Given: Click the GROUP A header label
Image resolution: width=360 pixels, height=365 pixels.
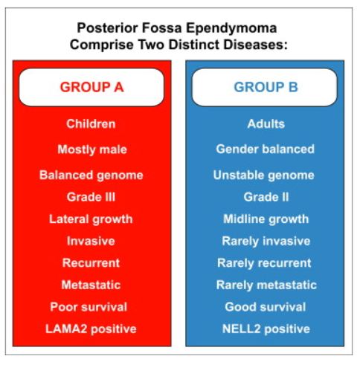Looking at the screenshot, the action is pyautogui.click(x=91, y=87).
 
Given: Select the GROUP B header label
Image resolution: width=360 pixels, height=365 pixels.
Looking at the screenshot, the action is pyautogui.click(x=266, y=87).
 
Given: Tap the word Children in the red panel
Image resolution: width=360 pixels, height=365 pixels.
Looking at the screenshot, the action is pyautogui.click(x=91, y=123).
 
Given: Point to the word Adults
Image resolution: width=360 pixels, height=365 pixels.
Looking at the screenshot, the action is pyautogui.click(x=266, y=123).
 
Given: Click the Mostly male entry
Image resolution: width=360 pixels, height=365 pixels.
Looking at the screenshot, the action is pyautogui.click(x=92, y=149).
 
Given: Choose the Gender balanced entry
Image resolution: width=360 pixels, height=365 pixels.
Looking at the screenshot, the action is pyautogui.click(x=265, y=149).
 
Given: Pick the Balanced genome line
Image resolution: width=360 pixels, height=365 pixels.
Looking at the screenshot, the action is pyautogui.click(x=91, y=175).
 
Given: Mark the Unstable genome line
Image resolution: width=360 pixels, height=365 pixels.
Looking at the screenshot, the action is pyautogui.click(x=264, y=175).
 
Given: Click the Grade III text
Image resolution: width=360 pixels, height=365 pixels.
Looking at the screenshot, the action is pyautogui.click(x=91, y=197).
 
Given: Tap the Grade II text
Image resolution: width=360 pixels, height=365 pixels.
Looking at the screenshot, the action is pyautogui.click(x=266, y=197).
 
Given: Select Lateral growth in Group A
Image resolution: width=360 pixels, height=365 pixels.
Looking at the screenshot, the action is pyautogui.click(x=91, y=219).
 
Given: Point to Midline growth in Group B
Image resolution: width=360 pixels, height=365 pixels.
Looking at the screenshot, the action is pyautogui.click(x=266, y=219).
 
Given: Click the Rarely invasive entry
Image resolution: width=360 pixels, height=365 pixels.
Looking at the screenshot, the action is pyautogui.click(x=266, y=242).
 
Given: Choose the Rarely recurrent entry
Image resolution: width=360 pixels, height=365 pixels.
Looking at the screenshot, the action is pyautogui.click(x=264, y=263).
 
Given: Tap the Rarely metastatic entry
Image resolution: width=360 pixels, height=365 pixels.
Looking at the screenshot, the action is pyautogui.click(x=266, y=285).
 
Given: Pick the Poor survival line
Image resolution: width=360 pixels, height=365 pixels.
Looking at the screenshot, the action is pyautogui.click(x=89, y=307).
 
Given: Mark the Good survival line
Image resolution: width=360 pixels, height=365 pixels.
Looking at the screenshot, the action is pyautogui.click(x=266, y=307).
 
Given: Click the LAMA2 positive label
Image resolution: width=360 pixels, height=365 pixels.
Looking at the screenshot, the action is pyautogui.click(x=91, y=329).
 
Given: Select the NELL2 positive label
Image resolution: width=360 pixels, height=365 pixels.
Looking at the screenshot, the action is pyautogui.click(x=266, y=329).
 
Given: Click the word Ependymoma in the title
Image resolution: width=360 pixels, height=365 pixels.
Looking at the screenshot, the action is pyautogui.click(x=231, y=28).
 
